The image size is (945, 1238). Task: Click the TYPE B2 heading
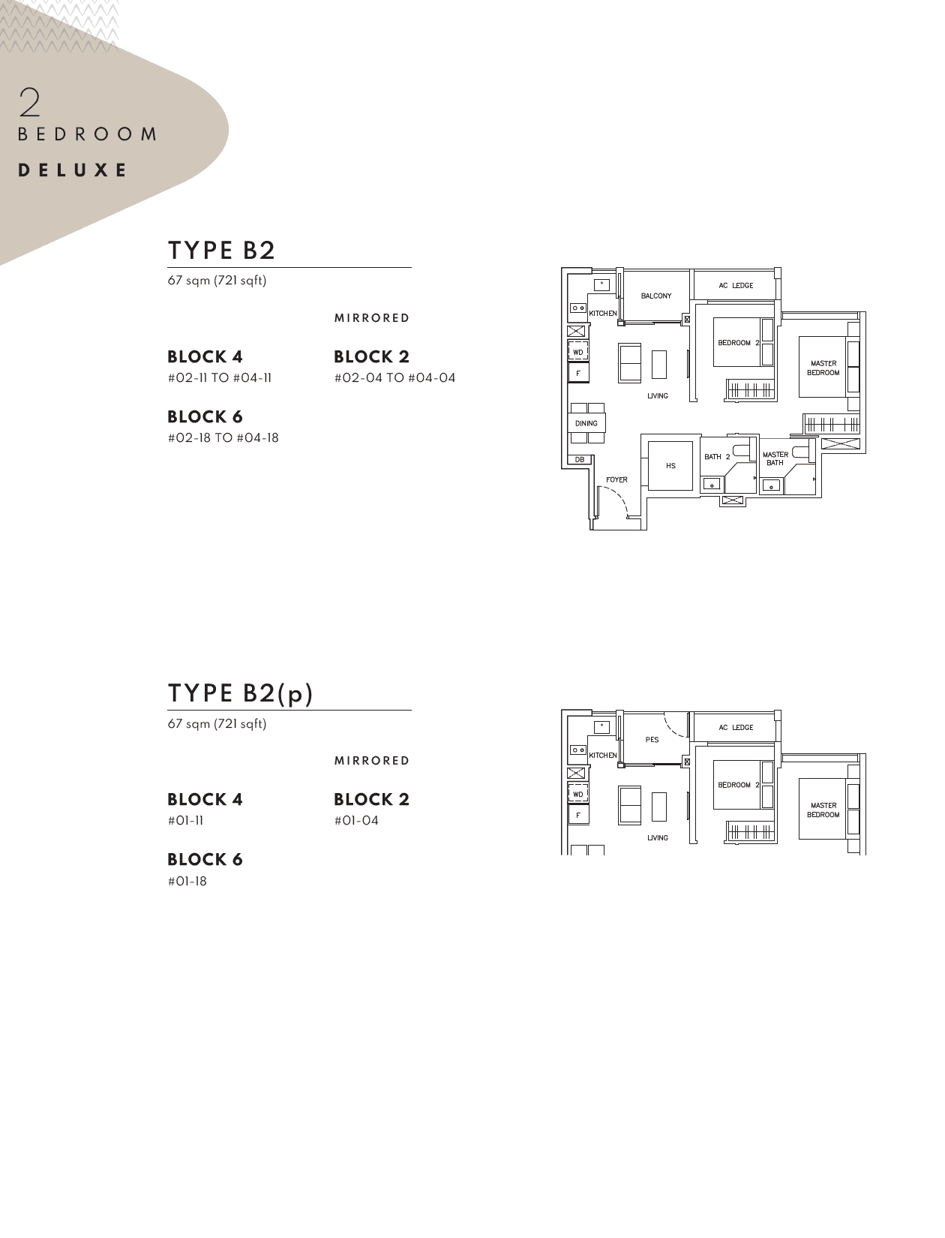(222, 251)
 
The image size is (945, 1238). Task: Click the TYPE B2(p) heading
(240, 693)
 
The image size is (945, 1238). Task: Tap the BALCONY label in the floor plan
(656, 296)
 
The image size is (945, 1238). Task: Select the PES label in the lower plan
(652, 740)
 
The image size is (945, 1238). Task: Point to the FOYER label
(616, 480)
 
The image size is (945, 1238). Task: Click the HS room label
(670, 466)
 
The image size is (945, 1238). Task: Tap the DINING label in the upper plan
(586, 423)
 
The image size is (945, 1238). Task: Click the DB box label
(579, 459)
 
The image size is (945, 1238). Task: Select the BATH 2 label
(717, 457)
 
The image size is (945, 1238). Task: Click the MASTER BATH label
(775, 458)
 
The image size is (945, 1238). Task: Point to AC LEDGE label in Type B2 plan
(736, 285)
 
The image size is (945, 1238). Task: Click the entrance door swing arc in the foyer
(616, 498)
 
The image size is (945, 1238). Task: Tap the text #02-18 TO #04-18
(223, 438)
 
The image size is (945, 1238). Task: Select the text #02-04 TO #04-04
(394, 378)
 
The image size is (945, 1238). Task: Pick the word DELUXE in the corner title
(73, 170)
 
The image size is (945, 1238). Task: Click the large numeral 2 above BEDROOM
(30, 103)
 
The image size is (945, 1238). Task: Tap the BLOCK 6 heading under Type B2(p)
(205, 860)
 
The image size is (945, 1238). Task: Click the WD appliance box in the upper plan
(578, 352)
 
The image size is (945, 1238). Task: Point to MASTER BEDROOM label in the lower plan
(823, 810)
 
